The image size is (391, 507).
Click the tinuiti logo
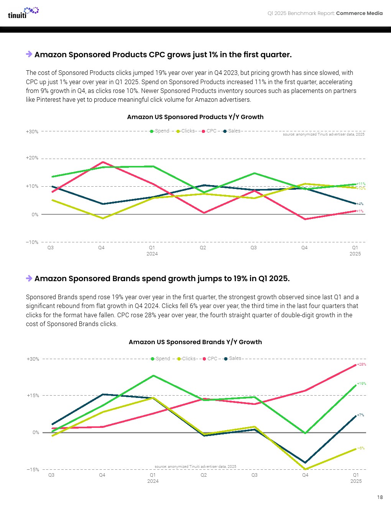[23, 13]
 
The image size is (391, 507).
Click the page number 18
[379, 497]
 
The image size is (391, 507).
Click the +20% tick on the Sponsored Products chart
[32, 158]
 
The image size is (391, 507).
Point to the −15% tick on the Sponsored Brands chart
[33, 469]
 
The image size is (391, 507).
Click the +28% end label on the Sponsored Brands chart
[361, 365]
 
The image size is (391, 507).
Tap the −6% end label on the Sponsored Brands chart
[361, 448]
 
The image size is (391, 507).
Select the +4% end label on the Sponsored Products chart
[360, 204]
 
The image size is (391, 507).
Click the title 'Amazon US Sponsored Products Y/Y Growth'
[195, 117]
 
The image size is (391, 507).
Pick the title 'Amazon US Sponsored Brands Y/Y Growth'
[195, 342]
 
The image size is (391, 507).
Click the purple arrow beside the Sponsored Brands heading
[29, 278]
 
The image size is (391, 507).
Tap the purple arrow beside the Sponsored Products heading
[29, 54]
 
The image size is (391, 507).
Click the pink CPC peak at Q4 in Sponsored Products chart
[103, 162]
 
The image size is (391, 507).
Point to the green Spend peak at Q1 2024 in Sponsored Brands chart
[153, 376]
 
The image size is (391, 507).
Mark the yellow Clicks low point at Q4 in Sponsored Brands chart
[306, 469]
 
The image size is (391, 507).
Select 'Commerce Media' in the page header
[359, 13]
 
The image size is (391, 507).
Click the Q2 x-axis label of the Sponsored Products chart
[203, 248]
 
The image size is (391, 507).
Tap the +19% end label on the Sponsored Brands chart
[361, 384]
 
